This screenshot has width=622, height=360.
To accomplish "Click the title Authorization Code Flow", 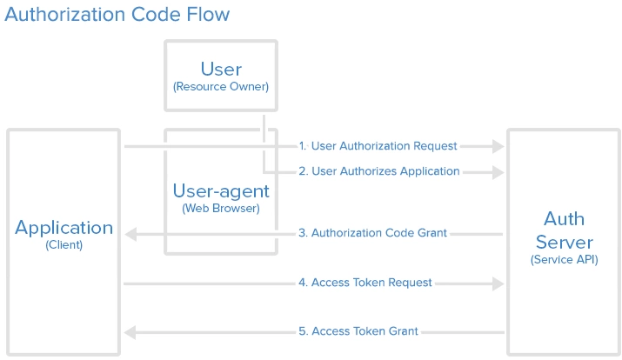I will tap(117, 15).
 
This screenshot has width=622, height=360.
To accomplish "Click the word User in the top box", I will tap(221, 69).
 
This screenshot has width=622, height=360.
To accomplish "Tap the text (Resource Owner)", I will tap(221, 87).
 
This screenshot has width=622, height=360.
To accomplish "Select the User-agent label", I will tap(221, 190).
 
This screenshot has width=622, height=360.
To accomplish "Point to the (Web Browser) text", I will tap(221, 209).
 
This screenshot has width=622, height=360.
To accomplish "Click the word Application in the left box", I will tap(64, 228).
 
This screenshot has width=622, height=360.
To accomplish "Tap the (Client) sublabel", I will tap(64, 245).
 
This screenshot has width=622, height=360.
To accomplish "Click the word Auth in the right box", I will tap(564, 218).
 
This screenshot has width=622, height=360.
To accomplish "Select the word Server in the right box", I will tap(564, 241).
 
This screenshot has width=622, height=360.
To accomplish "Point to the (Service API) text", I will tap(564, 259).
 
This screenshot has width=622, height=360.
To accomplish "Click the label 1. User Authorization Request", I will tap(378, 146).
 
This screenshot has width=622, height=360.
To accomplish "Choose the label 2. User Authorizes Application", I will tap(379, 171).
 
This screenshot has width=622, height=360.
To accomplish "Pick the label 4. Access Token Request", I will tap(365, 283).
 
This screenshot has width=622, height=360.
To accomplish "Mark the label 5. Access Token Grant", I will tap(358, 331).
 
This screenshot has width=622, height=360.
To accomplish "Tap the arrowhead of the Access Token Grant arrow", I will tap(130, 332).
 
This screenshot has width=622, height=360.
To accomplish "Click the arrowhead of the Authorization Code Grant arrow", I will tap(130, 234).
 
